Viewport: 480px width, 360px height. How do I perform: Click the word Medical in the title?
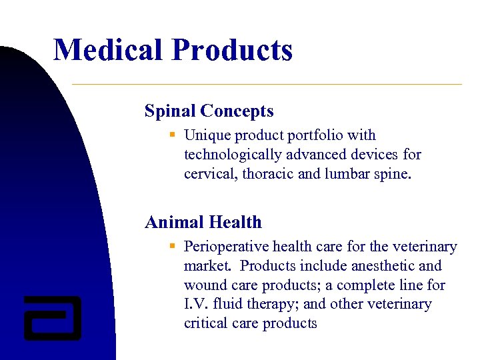coord(108,50)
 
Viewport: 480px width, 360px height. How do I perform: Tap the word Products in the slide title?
coord(232,50)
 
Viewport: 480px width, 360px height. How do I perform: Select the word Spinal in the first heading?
coord(169,111)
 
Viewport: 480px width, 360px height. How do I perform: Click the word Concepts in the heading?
coord(237,111)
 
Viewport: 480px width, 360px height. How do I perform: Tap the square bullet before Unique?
coord(172,135)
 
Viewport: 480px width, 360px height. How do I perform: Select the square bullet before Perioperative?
coord(172,246)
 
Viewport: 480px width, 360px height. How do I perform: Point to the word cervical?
coord(209,174)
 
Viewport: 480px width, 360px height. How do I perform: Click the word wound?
coord(205,285)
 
